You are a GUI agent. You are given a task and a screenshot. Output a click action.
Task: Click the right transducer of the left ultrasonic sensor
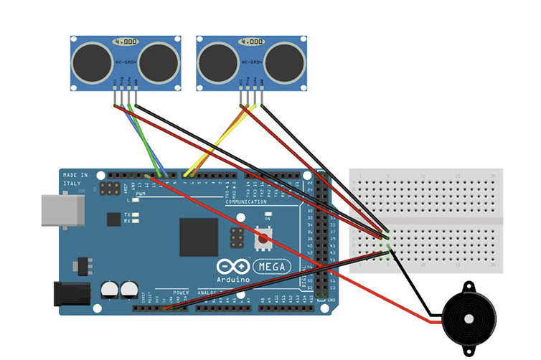158,62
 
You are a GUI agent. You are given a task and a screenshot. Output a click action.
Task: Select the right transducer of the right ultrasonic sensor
284,62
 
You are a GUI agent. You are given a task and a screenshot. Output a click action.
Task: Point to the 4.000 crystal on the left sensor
126,43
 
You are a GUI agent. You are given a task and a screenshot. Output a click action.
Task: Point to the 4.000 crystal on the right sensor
252,43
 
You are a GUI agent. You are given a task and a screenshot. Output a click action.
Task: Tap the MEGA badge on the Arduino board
271,267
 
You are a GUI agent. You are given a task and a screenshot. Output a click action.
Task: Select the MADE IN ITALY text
75,179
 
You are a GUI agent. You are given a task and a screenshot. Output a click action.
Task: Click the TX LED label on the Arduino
126,214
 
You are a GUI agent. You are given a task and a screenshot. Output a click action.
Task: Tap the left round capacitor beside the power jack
110,289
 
